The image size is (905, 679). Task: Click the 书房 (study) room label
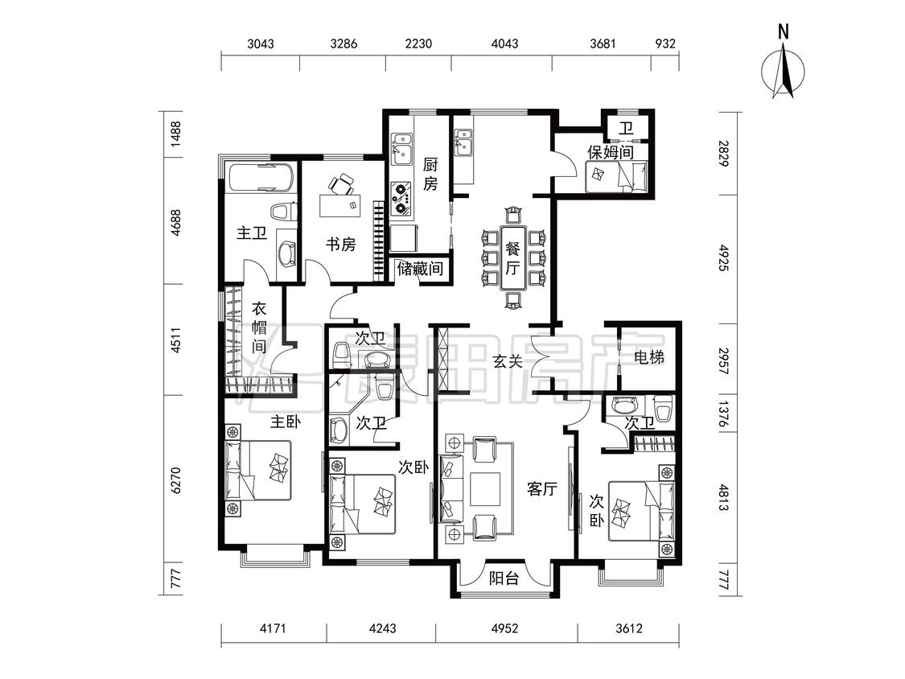tap(340, 245)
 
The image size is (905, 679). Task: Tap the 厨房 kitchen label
tap(430, 174)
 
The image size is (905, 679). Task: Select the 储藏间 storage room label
tap(420, 269)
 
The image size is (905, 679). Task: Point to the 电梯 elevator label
tap(648, 357)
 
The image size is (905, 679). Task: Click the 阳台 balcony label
tap(504, 578)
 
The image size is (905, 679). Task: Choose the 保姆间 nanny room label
tap(610, 152)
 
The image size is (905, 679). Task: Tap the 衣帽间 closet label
tap(259, 327)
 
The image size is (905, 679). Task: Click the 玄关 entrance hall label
tap(508, 361)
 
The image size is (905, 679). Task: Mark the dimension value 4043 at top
tap(504, 44)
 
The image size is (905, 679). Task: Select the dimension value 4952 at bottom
tap(504, 628)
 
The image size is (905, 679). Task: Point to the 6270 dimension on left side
tap(176, 479)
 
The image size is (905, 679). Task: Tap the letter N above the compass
tap(784, 32)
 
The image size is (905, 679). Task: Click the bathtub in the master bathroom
tap(261, 179)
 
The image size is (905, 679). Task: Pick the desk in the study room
tap(340, 205)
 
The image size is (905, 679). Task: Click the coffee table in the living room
tap(485, 489)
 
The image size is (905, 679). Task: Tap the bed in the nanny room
tap(616, 177)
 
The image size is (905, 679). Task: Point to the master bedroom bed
tap(258, 471)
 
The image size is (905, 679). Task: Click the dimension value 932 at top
tap(665, 44)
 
